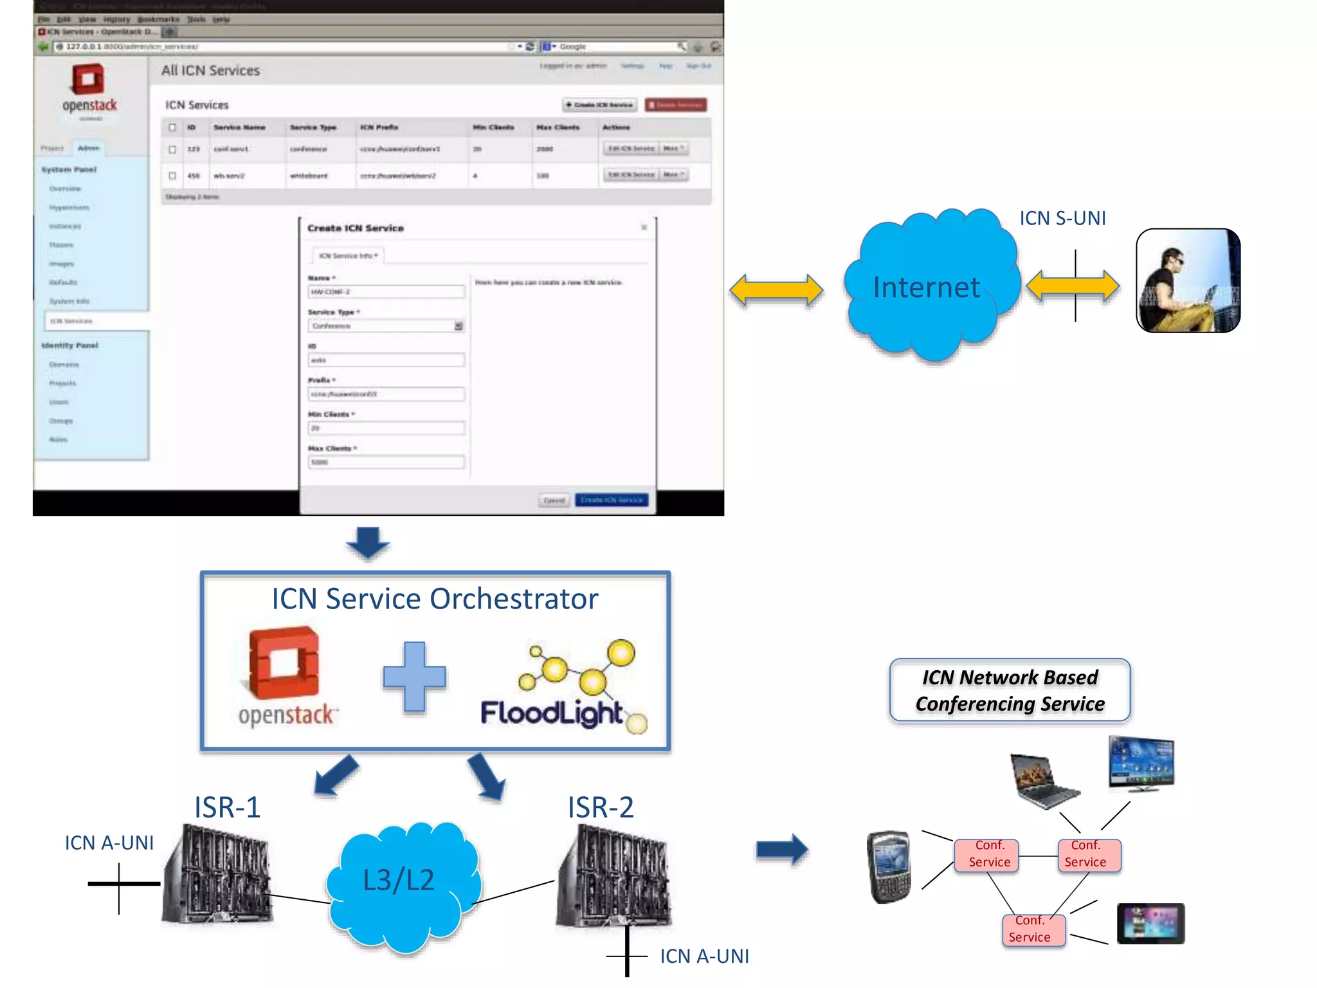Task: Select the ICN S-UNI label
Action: [1062, 218]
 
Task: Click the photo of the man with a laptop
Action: [1188, 280]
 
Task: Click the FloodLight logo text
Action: [552, 713]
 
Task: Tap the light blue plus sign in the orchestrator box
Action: [414, 677]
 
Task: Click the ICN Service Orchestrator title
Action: [435, 599]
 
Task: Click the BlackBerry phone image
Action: [889, 866]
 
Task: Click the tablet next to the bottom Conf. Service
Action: [1150, 923]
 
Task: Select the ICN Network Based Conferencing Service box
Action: [1010, 690]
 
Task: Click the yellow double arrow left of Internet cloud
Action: [776, 289]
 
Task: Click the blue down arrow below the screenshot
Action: [368, 542]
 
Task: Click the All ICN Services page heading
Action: [210, 71]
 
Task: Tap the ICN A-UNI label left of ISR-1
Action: [109, 843]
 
